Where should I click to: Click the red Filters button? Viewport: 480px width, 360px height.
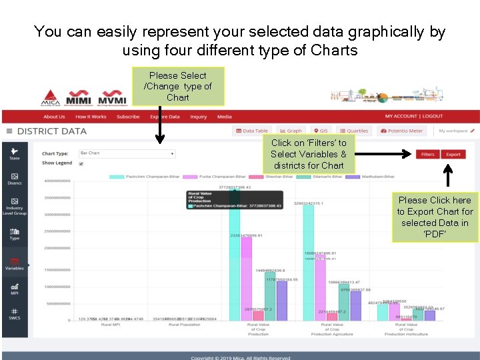427,154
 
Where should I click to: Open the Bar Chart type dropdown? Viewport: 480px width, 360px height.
127,153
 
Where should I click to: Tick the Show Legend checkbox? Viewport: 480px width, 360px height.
81,163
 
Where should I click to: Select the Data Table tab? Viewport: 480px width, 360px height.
252,131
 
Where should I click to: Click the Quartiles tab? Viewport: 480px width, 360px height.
353,131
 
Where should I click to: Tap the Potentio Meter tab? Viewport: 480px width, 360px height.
401,131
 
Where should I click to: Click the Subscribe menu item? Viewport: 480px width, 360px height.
128,117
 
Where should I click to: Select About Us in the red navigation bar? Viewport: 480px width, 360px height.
54,117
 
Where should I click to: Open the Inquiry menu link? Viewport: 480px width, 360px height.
198,117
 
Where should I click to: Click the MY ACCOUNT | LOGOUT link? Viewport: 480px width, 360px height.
413,117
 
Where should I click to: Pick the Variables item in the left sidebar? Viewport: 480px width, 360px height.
15,264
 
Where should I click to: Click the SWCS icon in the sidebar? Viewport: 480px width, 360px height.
15,313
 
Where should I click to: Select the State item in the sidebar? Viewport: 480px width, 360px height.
15,153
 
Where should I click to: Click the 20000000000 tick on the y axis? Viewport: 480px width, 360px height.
58,248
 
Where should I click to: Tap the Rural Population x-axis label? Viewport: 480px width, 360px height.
184,325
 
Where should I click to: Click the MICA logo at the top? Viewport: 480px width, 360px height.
50,97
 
